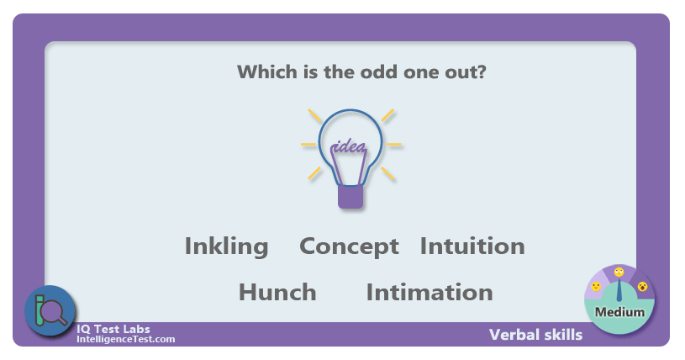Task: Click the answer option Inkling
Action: [226, 247]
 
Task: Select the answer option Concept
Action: [349, 247]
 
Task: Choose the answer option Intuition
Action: [472, 246]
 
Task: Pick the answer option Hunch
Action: [277, 292]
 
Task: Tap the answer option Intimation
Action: [429, 292]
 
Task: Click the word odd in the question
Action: [379, 71]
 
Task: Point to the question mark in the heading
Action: [482, 71]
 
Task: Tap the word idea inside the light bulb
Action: [349, 146]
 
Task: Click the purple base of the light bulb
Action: [350, 197]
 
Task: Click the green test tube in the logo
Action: [40, 310]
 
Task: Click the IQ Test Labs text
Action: [113, 329]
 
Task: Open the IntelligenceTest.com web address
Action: [126, 339]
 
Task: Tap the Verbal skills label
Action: [535, 335]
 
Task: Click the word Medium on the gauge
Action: [619, 312]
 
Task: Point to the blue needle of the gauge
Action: [619, 290]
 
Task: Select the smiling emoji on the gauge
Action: [596, 287]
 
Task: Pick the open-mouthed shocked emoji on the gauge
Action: [642, 287]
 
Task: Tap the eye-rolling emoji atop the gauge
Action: [619, 272]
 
